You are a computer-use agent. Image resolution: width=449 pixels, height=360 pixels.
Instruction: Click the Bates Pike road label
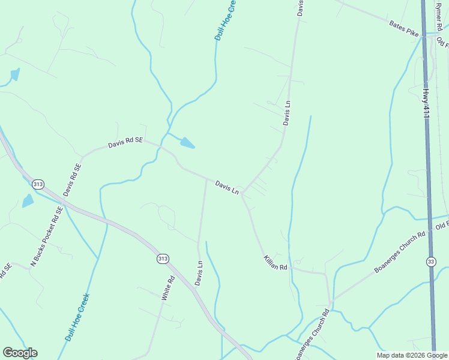click(x=403, y=29)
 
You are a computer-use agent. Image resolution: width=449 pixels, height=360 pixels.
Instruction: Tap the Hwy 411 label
click(x=426, y=103)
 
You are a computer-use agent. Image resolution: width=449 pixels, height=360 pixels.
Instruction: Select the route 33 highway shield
click(x=431, y=261)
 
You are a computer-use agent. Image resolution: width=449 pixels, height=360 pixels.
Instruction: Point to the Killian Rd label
click(x=276, y=262)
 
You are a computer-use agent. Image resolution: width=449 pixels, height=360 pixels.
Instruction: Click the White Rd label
click(x=167, y=287)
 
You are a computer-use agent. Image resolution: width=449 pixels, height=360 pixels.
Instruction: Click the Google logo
click(x=20, y=353)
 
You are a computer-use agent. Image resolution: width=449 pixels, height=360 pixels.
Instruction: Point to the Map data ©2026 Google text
click(x=412, y=355)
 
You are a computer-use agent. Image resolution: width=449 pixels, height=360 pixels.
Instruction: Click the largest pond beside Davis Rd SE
click(x=187, y=143)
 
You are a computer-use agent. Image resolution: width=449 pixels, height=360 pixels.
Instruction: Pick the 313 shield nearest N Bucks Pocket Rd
click(x=38, y=184)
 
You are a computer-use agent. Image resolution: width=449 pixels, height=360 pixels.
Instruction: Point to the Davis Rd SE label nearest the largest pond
click(x=125, y=143)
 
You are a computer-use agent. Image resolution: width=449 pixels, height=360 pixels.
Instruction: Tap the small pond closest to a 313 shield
click(x=28, y=201)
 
